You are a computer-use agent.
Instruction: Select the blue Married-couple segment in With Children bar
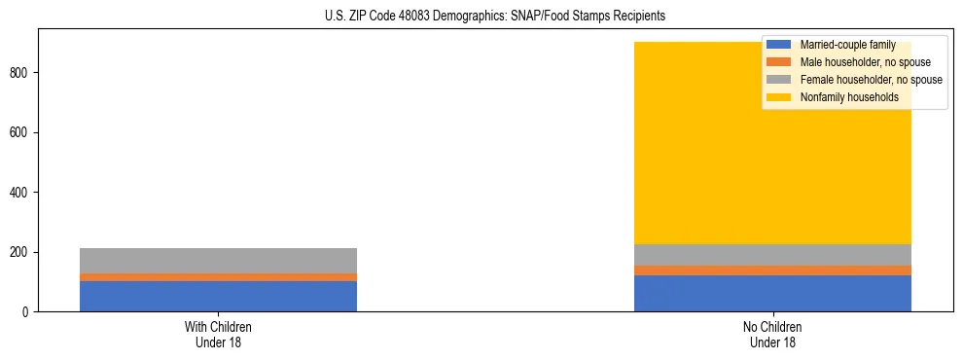click(218, 296)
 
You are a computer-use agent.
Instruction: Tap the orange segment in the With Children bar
click(218, 277)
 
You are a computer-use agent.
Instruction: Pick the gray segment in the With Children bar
click(218, 261)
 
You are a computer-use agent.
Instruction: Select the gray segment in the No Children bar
click(772, 255)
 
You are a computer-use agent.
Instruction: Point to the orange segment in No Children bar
click(772, 270)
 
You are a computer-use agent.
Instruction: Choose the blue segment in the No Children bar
click(772, 293)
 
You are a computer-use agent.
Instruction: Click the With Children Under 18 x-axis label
click(218, 334)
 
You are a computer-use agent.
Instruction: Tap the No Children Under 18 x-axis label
click(772, 334)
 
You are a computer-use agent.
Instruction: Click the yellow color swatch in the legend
click(779, 97)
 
